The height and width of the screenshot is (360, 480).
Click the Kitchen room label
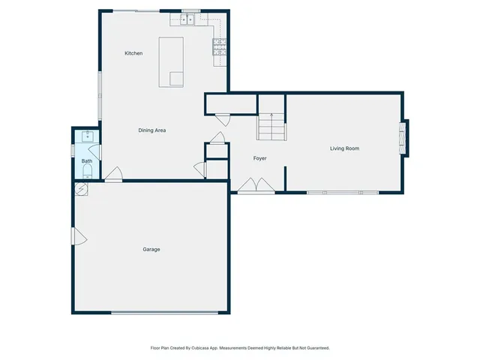(x=133, y=53)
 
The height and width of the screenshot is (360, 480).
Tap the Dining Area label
(x=151, y=130)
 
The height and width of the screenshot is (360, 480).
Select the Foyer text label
(x=259, y=158)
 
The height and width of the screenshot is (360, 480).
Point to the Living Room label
(x=344, y=148)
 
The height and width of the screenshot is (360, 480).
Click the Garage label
(x=151, y=249)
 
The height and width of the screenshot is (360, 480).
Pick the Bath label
(x=87, y=160)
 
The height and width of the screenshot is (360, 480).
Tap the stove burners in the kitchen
(x=220, y=48)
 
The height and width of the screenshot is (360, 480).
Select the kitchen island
(x=171, y=61)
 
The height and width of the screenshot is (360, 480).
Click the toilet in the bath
(x=87, y=175)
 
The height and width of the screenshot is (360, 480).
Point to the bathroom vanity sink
(x=87, y=136)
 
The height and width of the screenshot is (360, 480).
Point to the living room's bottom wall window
(x=341, y=193)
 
